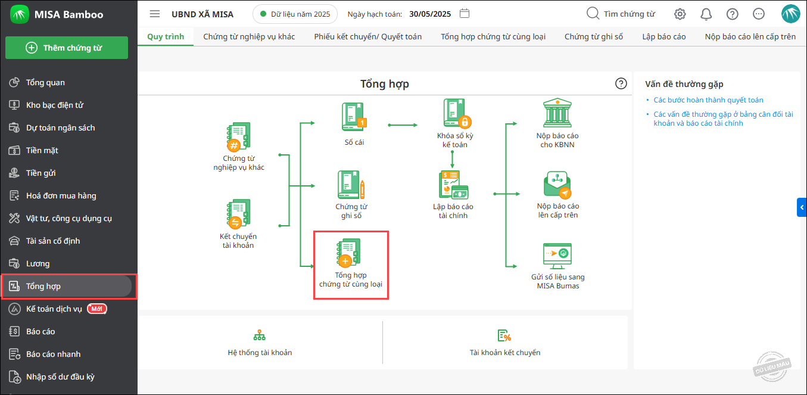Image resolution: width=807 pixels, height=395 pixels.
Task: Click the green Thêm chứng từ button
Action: click(67, 48)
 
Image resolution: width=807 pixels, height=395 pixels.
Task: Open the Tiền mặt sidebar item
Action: click(42, 150)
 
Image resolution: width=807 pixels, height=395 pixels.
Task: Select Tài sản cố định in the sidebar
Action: click(53, 241)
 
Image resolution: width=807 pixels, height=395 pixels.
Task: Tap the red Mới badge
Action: click(97, 309)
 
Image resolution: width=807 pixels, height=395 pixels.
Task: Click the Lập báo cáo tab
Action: click(663, 36)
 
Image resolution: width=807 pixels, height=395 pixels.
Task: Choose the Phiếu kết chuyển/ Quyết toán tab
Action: click(368, 36)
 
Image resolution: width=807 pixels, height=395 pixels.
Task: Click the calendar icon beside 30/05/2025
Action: click(465, 14)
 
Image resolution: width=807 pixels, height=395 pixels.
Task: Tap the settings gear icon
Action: click(680, 14)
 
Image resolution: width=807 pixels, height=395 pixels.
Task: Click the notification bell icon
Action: click(706, 14)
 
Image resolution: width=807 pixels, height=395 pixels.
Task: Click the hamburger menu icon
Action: click(155, 14)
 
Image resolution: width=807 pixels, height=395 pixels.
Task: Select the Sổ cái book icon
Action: click(354, 117)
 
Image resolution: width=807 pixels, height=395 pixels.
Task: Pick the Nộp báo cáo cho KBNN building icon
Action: click(557, 113)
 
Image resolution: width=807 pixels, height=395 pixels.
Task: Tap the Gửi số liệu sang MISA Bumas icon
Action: click(557, 256)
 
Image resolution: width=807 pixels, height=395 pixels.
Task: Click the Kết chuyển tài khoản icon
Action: click(238, 214)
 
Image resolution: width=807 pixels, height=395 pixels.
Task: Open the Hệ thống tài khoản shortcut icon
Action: click(260, 335)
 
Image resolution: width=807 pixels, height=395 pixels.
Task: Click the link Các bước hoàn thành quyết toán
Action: click(708, 100)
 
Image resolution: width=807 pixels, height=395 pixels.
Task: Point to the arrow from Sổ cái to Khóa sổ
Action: click(403, 125)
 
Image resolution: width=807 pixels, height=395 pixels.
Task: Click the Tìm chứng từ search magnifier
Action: click(592, 13)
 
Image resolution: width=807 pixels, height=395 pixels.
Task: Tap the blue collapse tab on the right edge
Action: click(802, 207)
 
